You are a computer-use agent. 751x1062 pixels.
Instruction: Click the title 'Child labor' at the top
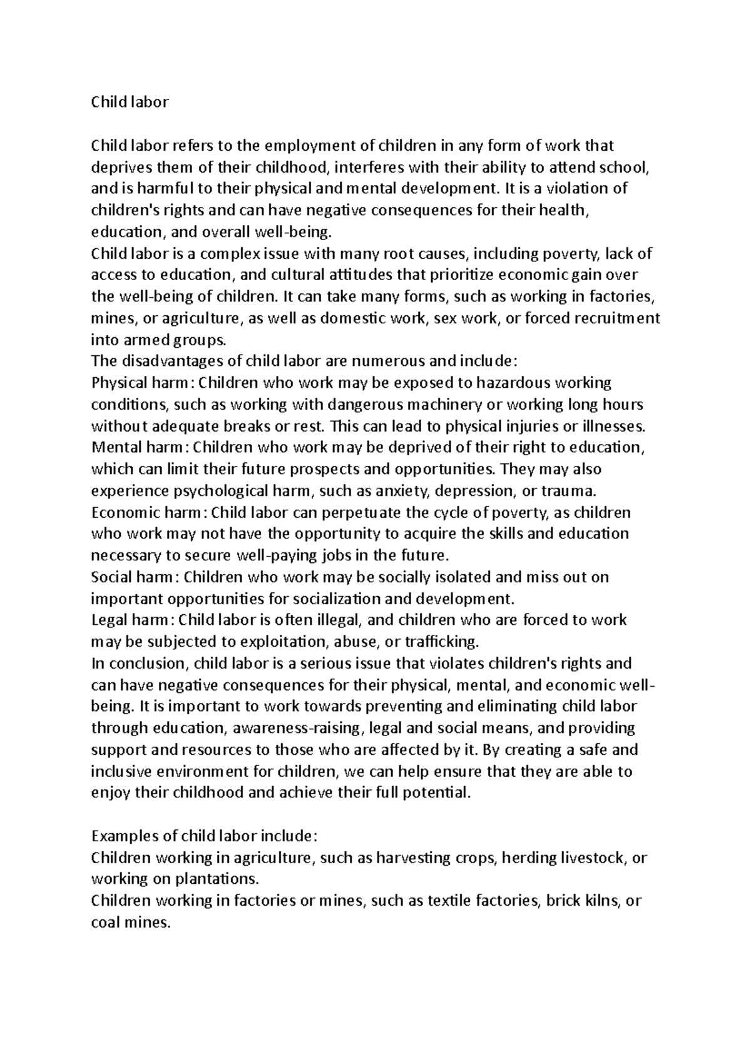pos(130,103)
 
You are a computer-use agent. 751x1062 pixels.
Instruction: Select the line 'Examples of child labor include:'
pos(205,836)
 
